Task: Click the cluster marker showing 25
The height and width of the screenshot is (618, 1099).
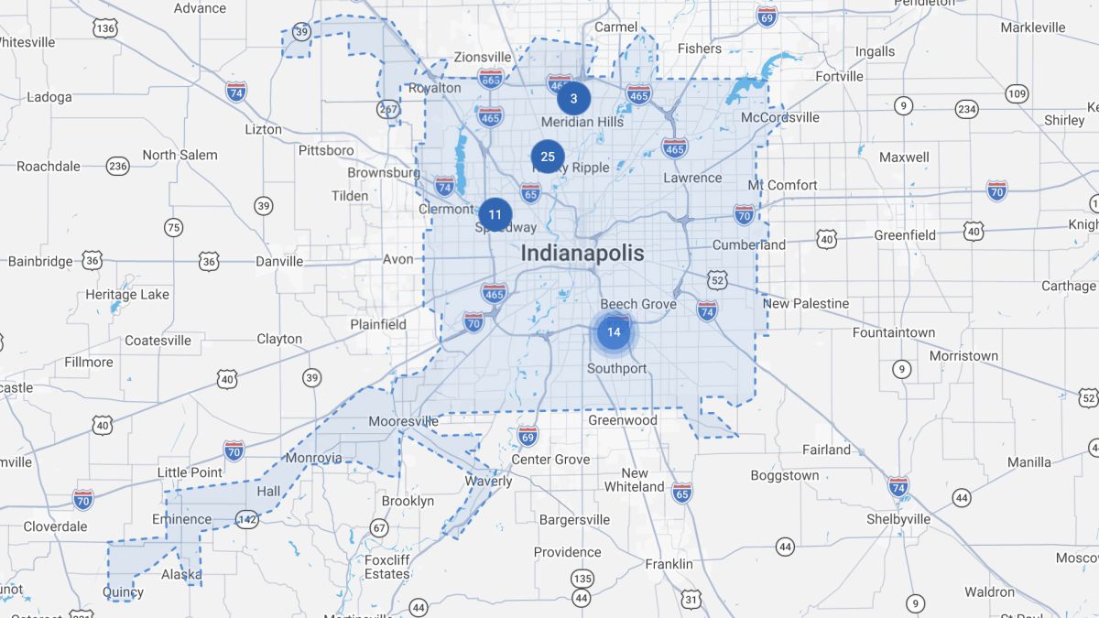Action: coord(548,157)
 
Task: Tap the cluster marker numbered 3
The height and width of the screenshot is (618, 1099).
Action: coord(573,98)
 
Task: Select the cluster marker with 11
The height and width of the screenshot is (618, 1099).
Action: coord(495,215)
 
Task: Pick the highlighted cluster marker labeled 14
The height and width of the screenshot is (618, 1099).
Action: coord(614,331)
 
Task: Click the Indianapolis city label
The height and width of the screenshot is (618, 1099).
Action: coord(582,253)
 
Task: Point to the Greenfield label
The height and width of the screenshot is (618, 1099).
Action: coord(905,235)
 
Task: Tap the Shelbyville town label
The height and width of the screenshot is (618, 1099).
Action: coord(898,519)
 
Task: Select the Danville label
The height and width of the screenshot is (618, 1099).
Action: coord(279,261)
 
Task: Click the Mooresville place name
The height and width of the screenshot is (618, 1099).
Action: coord(403,422)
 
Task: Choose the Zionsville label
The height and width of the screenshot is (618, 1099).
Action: coord(482,57)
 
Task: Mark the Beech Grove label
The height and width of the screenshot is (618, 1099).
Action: coord(638,304)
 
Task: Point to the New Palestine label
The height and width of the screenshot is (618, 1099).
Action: coord(806,303)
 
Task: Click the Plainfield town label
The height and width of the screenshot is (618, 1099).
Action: coord(378,324)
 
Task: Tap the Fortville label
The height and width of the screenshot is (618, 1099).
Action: coord(839,77)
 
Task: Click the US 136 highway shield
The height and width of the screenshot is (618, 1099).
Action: coord(105,29)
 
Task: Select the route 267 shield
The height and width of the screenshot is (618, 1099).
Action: coord(387,109)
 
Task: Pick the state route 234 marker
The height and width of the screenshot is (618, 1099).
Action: coord(966,109)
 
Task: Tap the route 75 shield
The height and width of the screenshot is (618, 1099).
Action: coord(173,227)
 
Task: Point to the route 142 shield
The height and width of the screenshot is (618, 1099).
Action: coord(246,519)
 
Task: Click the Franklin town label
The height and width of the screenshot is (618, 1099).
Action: coord(669,564)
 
